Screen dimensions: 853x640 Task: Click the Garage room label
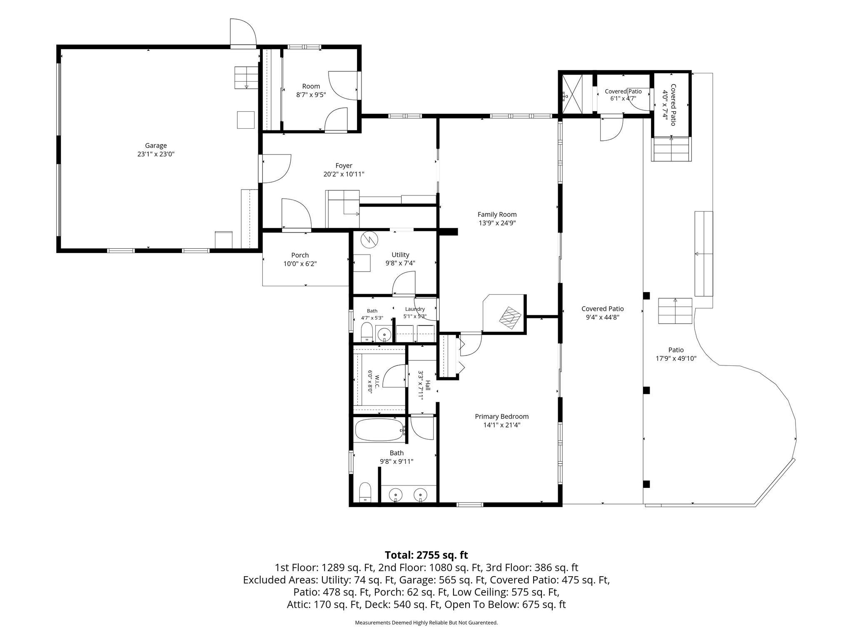click(x=156, y=145)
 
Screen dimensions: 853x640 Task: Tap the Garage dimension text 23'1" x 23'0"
click(x=156, y=154)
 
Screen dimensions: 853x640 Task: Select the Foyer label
click(x=344, y=165)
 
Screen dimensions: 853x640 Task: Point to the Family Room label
click(x=497, y=215)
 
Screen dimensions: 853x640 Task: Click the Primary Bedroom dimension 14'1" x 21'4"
click(x=501, y=425)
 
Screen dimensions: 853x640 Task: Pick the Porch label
click(x=300, y=255)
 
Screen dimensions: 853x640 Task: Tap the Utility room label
click(x=400, y=255)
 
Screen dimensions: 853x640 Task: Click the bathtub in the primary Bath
click(x=379, y=430)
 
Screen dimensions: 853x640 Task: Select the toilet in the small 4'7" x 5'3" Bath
click(x=367, y=332)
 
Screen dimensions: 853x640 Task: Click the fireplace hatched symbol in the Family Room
click(x=511, y=317)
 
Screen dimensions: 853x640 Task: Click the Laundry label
click(x=415, y=309)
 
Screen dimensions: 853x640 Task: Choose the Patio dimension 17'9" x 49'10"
click(x=676, y=358)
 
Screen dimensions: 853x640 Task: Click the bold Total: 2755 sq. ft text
click(x=426, y=555)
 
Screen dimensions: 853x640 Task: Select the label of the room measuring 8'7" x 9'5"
click(x=311, y=86)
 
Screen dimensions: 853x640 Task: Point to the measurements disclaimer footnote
click(x=426, y=622)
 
